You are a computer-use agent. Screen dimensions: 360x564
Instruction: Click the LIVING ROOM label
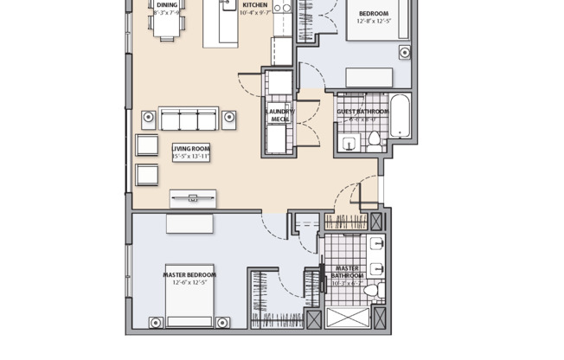point(191,148)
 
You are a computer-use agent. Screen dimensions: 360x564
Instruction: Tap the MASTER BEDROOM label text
point(189,275)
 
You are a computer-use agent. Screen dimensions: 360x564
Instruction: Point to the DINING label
point(167,5)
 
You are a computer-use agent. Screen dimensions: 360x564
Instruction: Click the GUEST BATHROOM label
point(362,112)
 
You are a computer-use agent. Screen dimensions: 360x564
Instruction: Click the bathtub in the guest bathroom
point(402,119)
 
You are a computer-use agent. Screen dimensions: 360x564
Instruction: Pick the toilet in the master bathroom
point(374,290)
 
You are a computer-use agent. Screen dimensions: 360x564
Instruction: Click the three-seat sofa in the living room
point(187,119)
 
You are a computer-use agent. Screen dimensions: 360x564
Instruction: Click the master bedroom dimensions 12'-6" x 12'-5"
point(189,283)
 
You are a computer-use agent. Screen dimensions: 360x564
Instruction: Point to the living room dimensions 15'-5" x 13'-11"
point(191,157)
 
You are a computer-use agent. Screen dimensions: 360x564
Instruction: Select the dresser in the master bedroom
point(189,223)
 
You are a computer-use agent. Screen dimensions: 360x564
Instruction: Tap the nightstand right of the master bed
point(222,323)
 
